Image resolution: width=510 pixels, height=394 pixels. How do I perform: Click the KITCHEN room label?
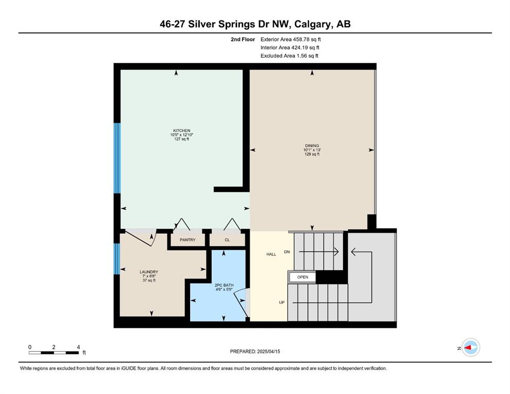[x=181, y=131]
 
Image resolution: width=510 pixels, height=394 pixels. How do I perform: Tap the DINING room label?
[x=312, y=146]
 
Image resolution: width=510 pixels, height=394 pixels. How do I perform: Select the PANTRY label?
[x=187, y=240]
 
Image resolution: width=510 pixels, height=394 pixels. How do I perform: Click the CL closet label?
[x=227, y=240]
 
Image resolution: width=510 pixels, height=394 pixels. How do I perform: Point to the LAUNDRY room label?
[x=149, y=272]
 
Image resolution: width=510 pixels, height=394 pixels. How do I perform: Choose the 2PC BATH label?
[x=224, y=285]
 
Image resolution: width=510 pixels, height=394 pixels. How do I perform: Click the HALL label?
[x=271, y=254]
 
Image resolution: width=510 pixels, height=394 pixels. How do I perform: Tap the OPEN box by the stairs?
[x=303, y=277]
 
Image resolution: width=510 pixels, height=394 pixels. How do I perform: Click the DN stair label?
[x=287, y=252]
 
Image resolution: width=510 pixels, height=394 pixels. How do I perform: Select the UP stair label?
[x=281, y=302]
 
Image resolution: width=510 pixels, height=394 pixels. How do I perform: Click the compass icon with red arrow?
[x=470, y=347]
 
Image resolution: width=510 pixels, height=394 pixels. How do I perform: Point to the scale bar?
[x=53, y=352]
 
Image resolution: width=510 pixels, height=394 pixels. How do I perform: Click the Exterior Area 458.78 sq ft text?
[x=291, y=40]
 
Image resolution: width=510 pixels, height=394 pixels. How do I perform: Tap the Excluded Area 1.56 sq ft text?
[x=290, y=55]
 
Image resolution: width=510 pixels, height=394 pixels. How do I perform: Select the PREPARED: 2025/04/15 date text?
[x=255, y=351]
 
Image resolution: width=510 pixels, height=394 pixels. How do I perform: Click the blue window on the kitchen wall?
[x=117, y=158]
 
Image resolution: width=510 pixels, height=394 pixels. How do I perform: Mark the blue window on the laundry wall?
[x=117, y=259]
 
